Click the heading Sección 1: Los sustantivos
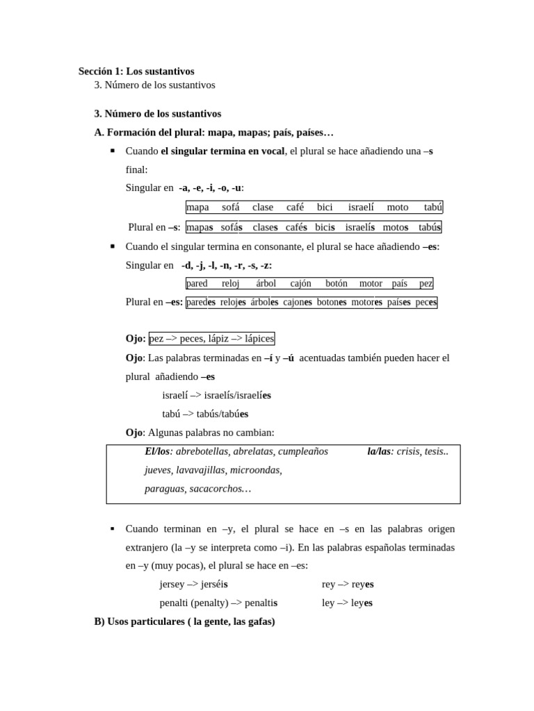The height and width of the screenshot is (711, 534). click(x=136, y=71)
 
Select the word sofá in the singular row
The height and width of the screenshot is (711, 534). click(x=230, y=207)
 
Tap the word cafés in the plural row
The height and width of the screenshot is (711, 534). click(x=296, y=227)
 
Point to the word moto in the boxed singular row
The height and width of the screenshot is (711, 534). click(x=397, y=207)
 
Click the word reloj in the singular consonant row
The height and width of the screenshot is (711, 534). click(x=230, y=283)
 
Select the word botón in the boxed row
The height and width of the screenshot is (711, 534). click(x=336, y=283)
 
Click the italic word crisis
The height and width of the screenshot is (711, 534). click(x=407, y=451)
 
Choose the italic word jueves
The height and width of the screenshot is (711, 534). click(x=158, y=470)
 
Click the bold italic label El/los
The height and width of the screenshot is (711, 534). click(x=159, y=451)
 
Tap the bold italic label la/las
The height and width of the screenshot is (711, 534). click(x=380, y=451)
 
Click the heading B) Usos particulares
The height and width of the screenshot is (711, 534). click(x=184, y=621)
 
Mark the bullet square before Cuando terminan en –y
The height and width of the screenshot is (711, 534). click(x=113, y=529)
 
